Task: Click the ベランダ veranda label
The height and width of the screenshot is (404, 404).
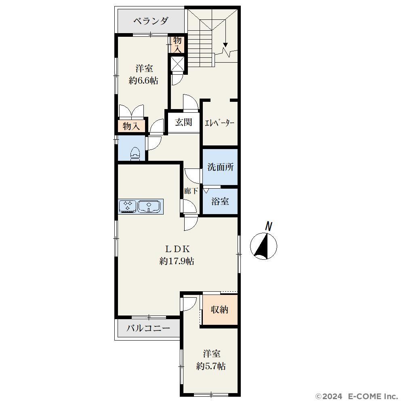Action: pos(151,21)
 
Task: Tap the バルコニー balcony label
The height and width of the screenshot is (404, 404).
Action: pos(149,328)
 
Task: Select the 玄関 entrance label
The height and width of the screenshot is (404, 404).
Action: pos(184,122)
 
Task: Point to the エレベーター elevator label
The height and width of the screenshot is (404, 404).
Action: pos(219,123)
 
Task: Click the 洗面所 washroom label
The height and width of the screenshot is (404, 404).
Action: pos(221,167)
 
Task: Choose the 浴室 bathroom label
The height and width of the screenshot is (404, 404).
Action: pos(220,201)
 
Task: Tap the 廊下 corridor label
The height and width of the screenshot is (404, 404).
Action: pos(191,191)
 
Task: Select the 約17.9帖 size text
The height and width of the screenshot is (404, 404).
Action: pos(177,261)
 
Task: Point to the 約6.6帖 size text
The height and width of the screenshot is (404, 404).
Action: pos(143,81)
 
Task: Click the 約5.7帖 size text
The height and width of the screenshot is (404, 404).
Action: pos(211,366)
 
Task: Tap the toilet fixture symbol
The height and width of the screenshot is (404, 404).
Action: pos(135,154)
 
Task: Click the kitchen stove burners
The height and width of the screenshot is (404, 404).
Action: pos(128,206)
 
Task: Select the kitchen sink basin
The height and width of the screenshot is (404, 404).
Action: pos(149,206)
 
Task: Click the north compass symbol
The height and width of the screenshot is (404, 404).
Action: pos(263,246)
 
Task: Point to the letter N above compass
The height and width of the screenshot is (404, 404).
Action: pos(269,226)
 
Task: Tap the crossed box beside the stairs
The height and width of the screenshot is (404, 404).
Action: pos(177,63)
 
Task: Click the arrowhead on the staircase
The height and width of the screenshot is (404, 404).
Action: pos(226,45)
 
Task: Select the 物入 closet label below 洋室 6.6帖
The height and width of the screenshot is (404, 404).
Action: pos(131,126)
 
